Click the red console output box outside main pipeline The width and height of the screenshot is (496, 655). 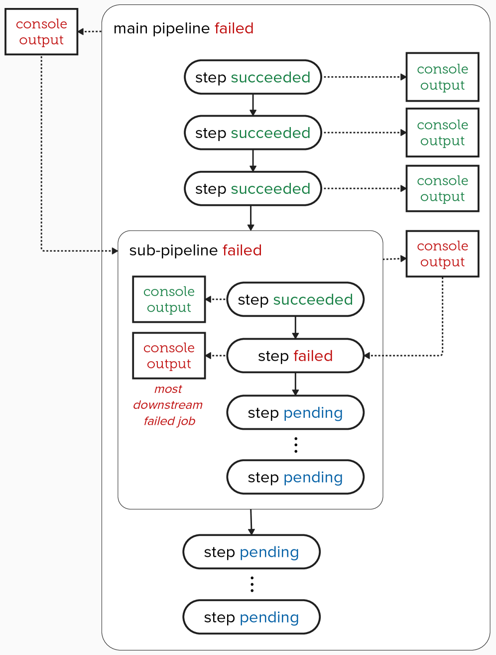click(41, 32)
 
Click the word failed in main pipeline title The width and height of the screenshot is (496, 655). click(234, 28)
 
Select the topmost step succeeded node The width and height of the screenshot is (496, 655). click(252, 77)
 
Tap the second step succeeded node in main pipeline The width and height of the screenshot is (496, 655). click(252, 133)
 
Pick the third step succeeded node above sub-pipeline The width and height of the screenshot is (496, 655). click(252, 189)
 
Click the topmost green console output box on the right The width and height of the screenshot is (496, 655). click(442, 77)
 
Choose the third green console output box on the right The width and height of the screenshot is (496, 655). click(442, 189)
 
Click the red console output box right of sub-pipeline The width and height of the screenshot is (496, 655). click(442, 254)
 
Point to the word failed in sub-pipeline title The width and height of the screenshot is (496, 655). click(242, 250)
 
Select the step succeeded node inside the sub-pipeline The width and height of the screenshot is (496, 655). click(295, 300)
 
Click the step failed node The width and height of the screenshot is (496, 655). click(295, 356)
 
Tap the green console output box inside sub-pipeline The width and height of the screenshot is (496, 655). click(169, 300)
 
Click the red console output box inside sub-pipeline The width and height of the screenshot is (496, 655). click(169, 356)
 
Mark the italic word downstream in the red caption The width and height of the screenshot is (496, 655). click(168, 405)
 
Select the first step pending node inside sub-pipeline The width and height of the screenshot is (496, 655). click(295, 413)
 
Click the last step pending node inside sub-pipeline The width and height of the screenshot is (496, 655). click(295, 478)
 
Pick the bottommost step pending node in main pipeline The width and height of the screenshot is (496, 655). click(251, 618)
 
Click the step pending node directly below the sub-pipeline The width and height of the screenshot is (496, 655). click(251, 552)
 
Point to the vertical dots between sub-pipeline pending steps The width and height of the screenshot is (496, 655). click(296, 445)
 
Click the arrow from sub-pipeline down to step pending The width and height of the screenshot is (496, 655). click(251, 522)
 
